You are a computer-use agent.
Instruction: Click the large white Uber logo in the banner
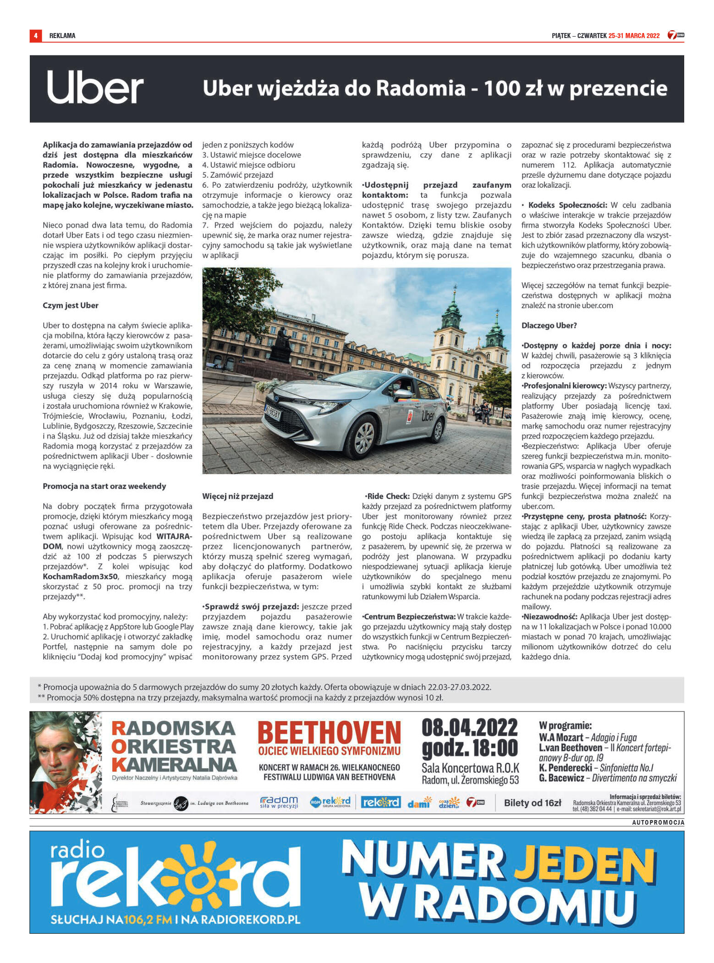click(95, 88)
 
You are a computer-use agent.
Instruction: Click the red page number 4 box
click(35, 35)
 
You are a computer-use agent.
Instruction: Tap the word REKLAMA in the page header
click(62, 36)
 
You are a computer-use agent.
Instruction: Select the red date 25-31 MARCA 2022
click(634, 36)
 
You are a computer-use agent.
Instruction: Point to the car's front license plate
click(273, 414)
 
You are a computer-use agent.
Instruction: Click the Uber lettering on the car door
click(427, 416)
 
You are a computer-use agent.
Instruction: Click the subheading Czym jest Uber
click(71, 306)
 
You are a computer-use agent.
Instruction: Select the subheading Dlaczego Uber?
click(549, 326)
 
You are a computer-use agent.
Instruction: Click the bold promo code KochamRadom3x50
click(80, 576)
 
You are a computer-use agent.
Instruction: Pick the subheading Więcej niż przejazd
click(237, 496)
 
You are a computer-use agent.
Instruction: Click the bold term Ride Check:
click(388, 496)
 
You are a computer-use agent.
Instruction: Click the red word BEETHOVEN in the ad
click(329, 732)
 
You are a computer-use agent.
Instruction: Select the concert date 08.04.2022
click(469, 728)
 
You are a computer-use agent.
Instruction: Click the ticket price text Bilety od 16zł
click(533, 803)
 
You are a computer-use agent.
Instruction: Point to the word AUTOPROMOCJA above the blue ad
click(658, 822)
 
